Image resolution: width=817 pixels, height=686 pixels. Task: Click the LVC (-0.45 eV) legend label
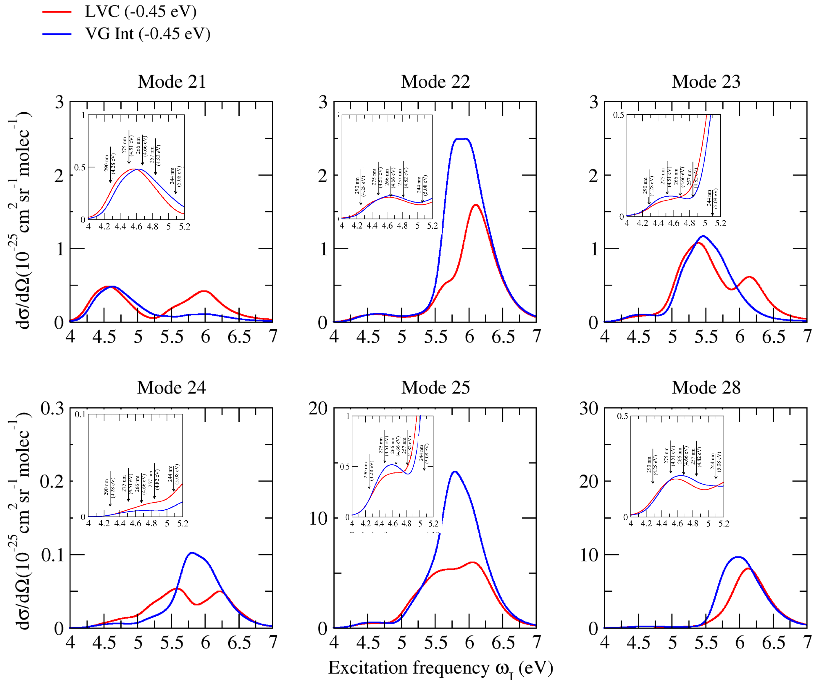(x=140, y=12)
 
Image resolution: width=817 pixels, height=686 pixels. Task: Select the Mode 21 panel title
(x=171, y=82)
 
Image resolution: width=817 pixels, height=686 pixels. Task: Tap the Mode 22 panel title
(x=435, y=82)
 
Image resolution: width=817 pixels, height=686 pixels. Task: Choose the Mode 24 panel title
(x=171, y=388)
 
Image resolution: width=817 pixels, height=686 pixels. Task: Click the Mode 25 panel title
(x=435, y=388)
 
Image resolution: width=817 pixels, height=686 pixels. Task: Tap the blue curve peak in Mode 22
(x=461, y=139)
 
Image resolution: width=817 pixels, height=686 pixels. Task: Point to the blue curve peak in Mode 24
(x=192, y=553)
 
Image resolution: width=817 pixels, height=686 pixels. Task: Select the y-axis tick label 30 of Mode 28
(x=588, y=409)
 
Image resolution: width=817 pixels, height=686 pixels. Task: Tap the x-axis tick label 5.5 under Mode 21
(x=171, y=337)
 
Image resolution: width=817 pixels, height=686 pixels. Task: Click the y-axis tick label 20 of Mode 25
(x=318, y=409)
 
